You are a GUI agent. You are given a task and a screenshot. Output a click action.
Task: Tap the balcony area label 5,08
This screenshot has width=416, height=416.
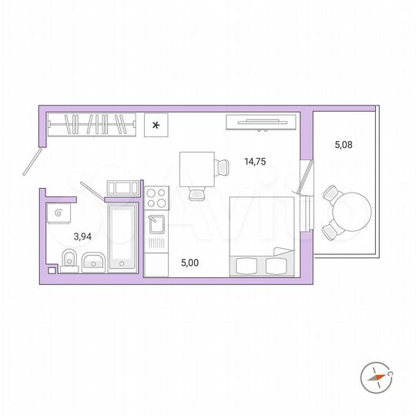[344, 143]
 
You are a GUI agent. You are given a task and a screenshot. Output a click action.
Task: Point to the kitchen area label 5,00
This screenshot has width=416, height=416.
[189, 263]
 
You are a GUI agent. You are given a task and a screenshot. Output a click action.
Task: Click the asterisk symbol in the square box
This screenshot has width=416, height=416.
[156, 125]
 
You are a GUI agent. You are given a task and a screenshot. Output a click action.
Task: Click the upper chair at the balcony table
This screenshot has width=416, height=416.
[332, 193]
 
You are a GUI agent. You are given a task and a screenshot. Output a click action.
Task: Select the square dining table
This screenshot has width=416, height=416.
[196, 168]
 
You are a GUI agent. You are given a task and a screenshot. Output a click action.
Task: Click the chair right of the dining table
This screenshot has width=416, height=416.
[223, 166]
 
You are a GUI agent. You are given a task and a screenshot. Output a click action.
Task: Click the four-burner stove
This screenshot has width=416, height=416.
[156, 199]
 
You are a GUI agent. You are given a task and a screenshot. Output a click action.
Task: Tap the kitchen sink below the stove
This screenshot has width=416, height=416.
[156, 224]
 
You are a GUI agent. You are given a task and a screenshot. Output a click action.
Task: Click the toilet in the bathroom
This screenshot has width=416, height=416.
[68, 260]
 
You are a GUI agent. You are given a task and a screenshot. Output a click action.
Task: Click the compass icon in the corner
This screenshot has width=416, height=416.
[376, 376]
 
